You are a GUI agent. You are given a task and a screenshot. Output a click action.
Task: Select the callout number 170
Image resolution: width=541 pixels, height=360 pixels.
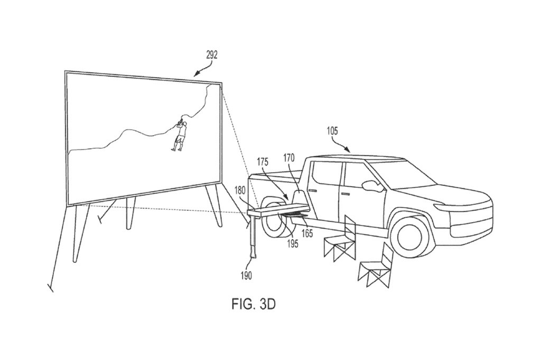coord(289,157)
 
